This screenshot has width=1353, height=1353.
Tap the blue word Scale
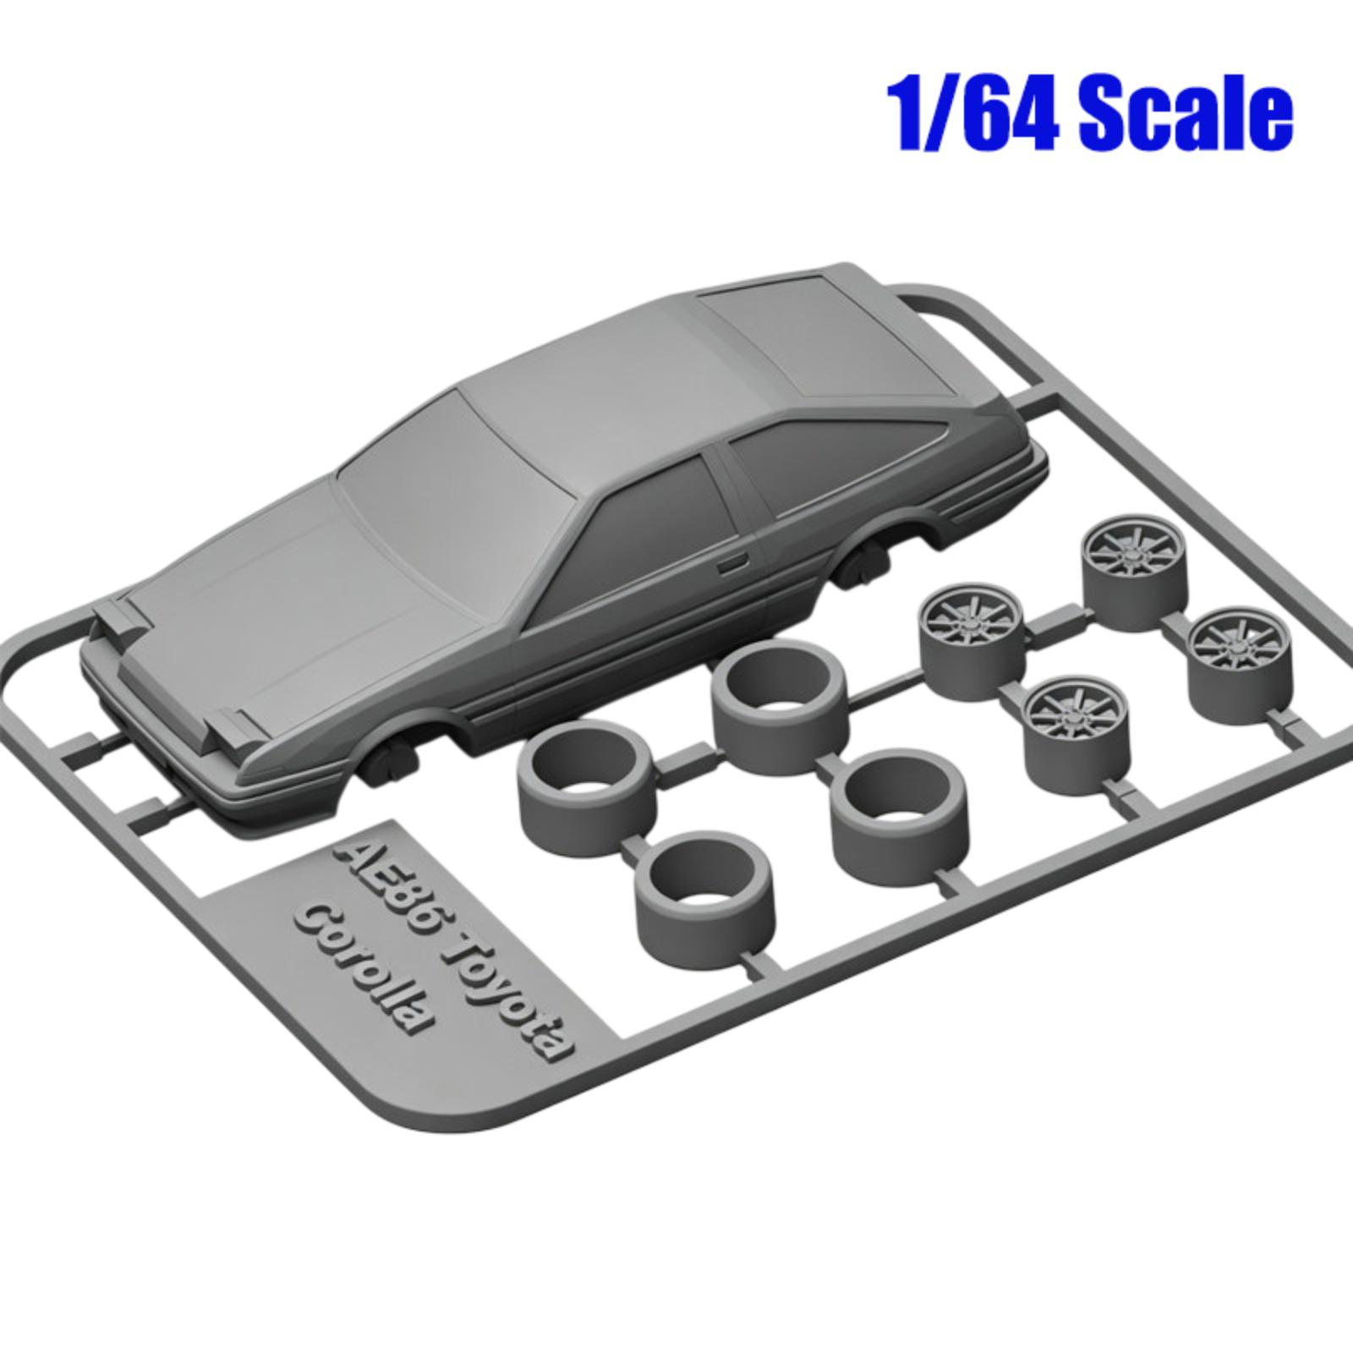[1186, 113]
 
